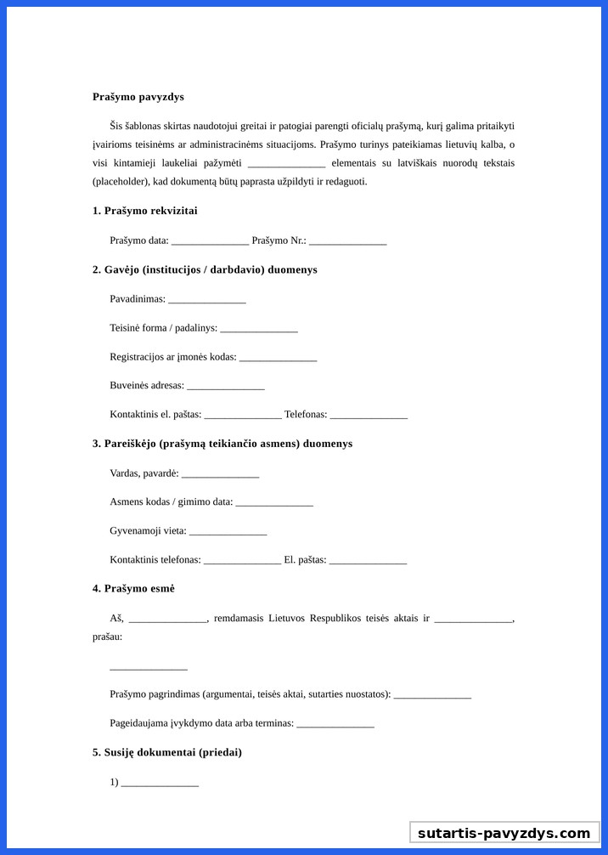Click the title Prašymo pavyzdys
138,97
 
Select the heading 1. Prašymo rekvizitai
145,211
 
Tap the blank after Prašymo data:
210,241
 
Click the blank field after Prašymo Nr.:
347,241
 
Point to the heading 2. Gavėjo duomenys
205,269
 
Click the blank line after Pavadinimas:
207,300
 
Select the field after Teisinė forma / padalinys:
259,329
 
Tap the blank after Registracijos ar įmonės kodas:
278,358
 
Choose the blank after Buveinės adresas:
226,387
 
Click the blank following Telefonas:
369,416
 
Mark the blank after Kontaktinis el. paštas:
243,416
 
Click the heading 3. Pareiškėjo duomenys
222,444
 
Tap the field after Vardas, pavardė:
220,474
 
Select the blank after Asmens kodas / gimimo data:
274,503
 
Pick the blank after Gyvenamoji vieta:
228,532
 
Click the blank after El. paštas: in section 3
368,561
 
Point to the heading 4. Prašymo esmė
133,588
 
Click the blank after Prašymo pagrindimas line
432,695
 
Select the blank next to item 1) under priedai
160,784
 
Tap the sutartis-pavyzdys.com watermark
504,833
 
